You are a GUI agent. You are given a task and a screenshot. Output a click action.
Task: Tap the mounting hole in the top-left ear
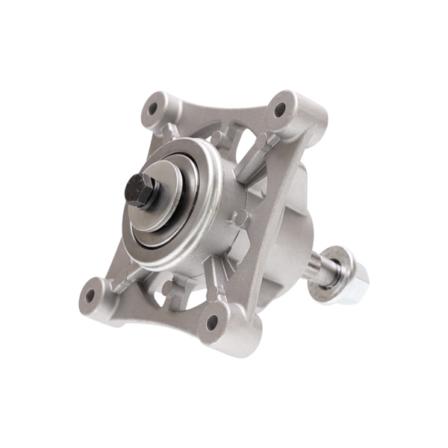[154, 108]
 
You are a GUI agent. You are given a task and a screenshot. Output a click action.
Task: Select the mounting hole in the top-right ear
[280, 110]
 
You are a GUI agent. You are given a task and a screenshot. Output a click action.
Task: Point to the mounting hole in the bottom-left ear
[90, 295]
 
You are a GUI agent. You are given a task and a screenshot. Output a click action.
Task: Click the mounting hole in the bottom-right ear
[212, 322]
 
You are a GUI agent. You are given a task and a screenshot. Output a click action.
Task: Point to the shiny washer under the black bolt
[157, 196]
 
